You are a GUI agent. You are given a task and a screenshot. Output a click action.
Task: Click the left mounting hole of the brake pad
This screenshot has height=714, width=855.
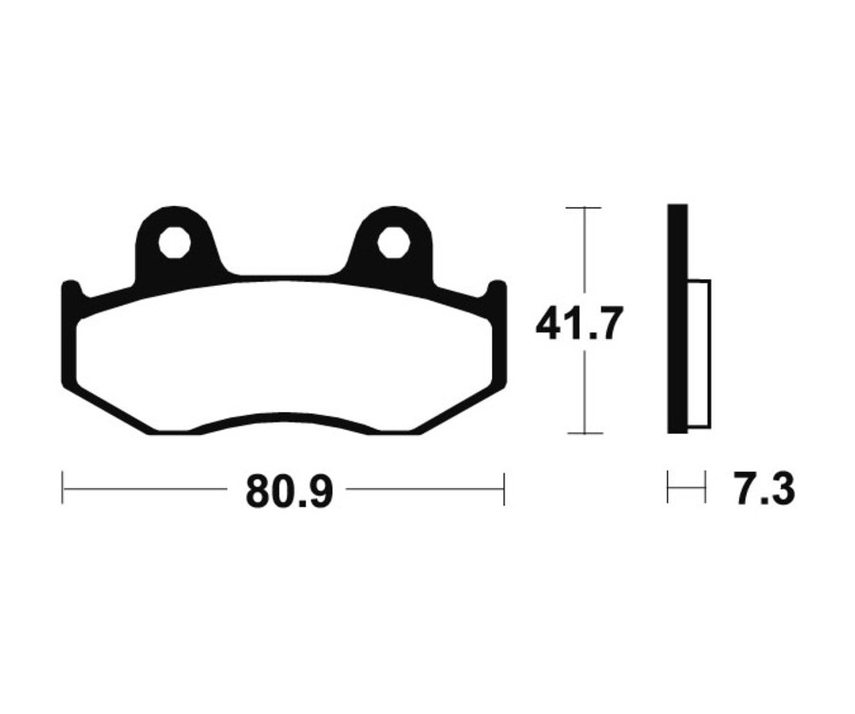tap(174, 243)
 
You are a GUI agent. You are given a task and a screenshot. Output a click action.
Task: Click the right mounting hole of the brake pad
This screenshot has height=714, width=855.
tap(392, 243)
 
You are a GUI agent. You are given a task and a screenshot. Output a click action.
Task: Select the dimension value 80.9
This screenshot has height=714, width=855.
tap(289, 491)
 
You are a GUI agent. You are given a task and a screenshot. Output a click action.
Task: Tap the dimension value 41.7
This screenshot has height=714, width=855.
tap(579, 324)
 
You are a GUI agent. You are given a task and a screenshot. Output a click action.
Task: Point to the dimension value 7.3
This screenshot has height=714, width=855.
tap(764, 491)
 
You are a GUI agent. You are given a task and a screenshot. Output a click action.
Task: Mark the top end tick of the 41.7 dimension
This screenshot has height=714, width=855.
tap(583, 207)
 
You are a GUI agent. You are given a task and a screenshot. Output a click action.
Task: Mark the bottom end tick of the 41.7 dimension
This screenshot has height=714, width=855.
tap(583, 433)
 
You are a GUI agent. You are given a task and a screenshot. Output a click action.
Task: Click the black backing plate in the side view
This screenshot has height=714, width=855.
tap(677, 320)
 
